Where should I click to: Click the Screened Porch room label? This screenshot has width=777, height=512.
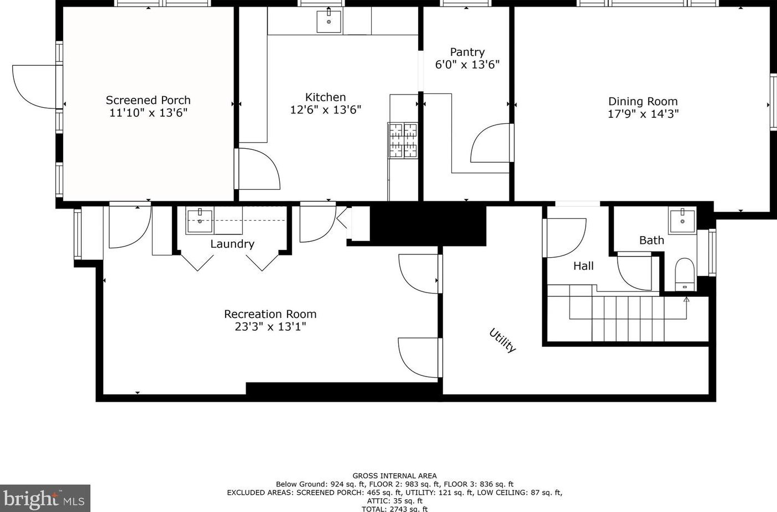tap(148, 100)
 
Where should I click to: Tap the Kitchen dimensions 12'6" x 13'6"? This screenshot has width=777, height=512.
tap(325, 110)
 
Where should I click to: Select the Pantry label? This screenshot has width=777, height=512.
tap(467, 53)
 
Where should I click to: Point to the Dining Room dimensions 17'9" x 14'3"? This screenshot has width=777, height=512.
tap(643, 114)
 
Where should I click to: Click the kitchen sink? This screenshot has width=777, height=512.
tap(329, 22)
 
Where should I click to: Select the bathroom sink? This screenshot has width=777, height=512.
tap(682, 220)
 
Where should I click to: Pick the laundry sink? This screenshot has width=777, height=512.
tap(200, 220)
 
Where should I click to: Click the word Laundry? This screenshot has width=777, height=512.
tap(232, 244)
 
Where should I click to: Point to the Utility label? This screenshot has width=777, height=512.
tap(502, 340)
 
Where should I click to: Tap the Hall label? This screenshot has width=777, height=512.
tap(583, 266)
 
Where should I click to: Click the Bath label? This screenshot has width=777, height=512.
tap(651, 240)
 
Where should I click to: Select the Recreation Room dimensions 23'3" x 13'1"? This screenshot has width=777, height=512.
tap(270, 327)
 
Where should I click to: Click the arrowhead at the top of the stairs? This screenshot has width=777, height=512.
tap(686, 299)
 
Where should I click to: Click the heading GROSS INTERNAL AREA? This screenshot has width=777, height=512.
tap(394, 476)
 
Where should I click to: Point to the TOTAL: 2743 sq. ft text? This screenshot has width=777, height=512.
tap(394, 509)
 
